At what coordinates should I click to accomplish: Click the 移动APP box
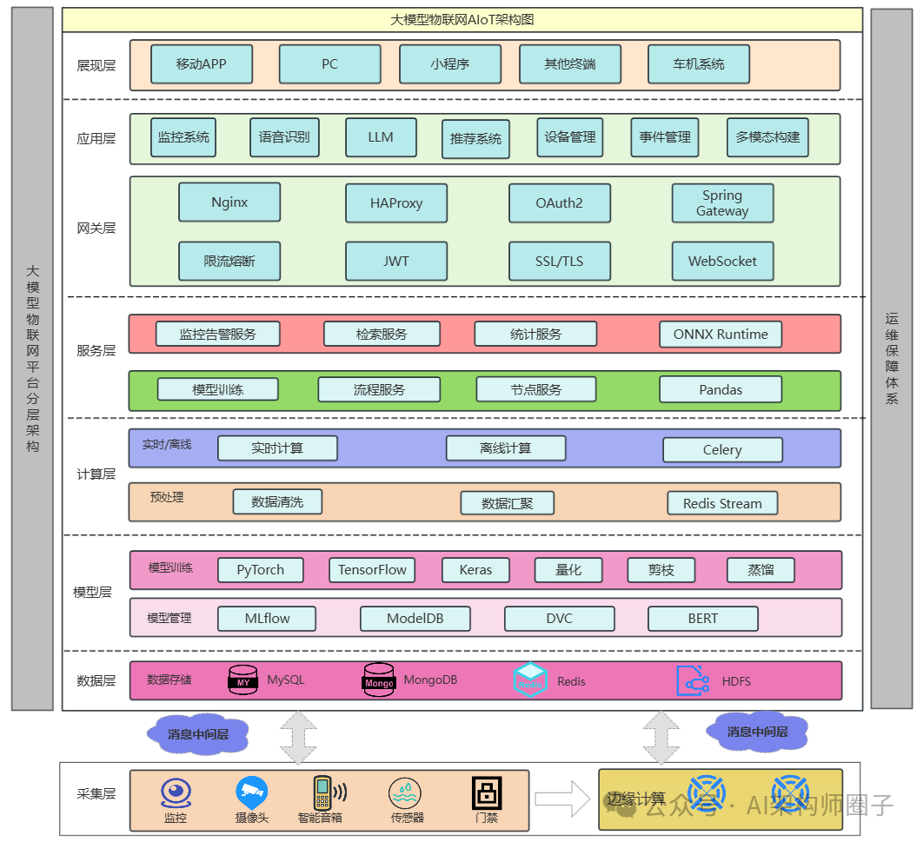(201, 64)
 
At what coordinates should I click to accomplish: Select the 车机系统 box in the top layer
(698, 64)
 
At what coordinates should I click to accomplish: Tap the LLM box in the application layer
(381, 137)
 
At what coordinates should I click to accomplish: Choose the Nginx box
(229, 202)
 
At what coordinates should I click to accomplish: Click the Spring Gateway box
(722, 203)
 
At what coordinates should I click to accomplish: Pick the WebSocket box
(722, 261)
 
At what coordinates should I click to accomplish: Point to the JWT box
(396, 261)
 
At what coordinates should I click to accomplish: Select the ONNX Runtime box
(720, 335)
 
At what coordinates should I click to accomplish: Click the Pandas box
(720, 389)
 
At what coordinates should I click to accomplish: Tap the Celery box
(722, 449)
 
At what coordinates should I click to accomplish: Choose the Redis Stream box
(722, 503)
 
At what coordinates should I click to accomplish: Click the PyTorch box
(261, 570)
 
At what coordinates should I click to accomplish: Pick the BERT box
(702, 619)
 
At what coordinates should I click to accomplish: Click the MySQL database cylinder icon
(243, 680)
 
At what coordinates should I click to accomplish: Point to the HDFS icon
(693, 680)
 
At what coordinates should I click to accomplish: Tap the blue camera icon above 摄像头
(251, 792)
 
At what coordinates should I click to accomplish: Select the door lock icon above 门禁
(487, 792)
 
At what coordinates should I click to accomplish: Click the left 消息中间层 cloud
(198, 734)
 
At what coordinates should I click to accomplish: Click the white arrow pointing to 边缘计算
(561, 799)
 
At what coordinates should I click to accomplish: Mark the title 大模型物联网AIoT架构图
(461, 20)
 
